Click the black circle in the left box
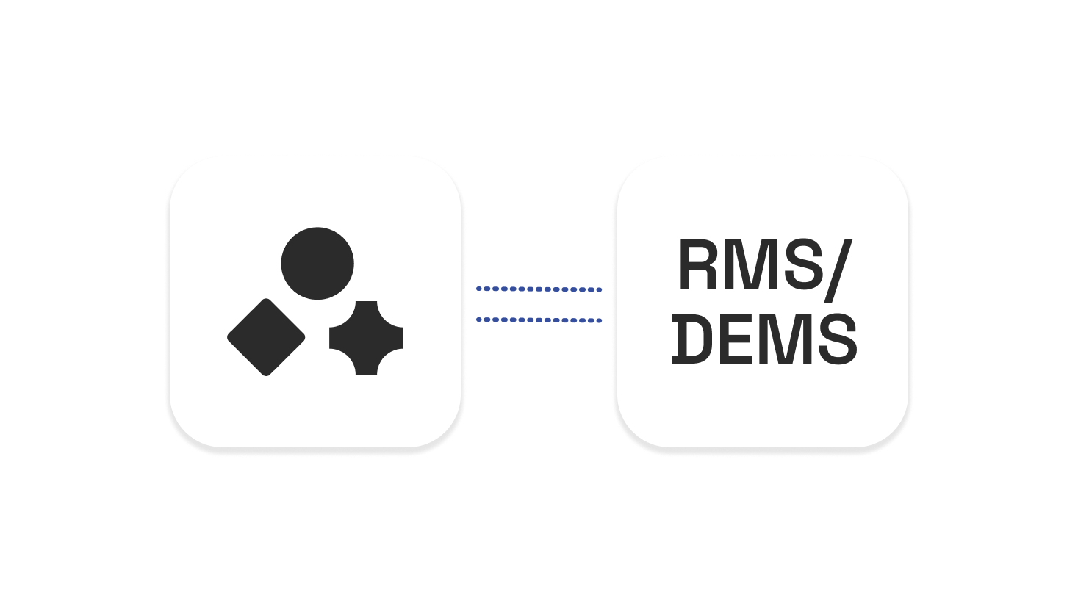pyautogui.click(x=317, y=263)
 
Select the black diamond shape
pyautogui.click(x=266, y=337)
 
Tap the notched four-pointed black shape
pyautogui.click(x=366, y=338)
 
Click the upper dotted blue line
pyautogui.click(x=539, y=289)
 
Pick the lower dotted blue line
pyautogui.click(x=539, y=320)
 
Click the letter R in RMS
pyautogui.click(x=697, y=265)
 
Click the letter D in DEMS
pyautogui.click(x=692, y=339)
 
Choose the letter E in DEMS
pyautogui.click(x=736, y=339)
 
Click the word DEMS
pyautogui.click(x=764, y=339)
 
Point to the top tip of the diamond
pyautogui.click(x=266, y=300)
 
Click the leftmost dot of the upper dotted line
pyautogui.click(x=479, y=289)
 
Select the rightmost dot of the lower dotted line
pyautogui.click(x=600, y=321)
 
